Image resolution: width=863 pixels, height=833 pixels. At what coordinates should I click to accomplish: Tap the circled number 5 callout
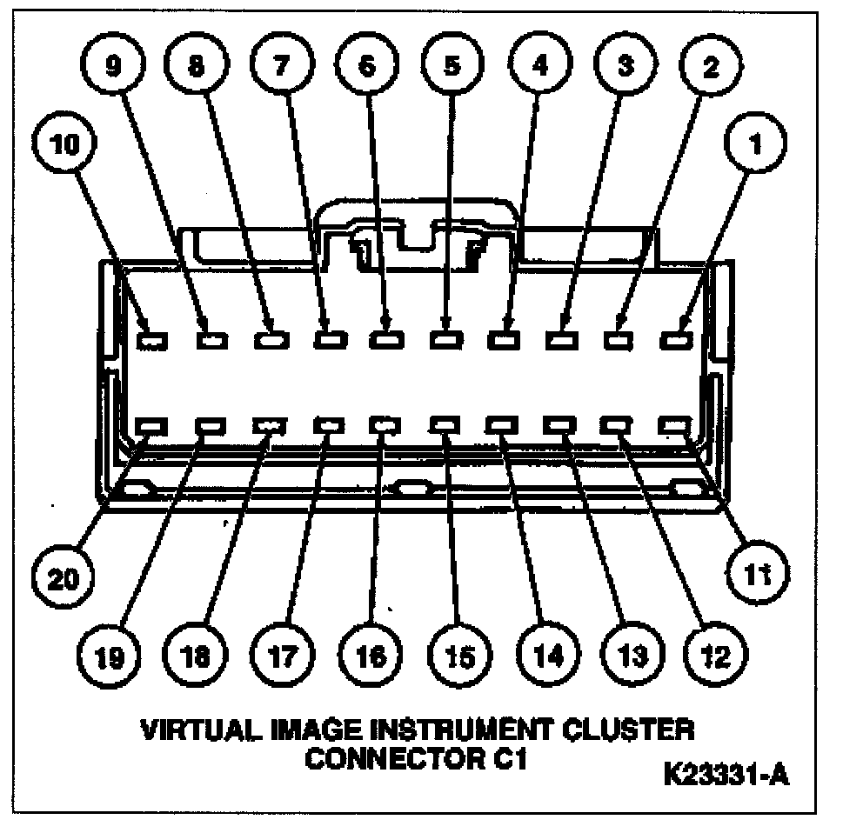[x=452, y=67]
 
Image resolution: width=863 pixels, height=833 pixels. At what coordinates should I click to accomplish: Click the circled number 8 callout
[x=197, y=67]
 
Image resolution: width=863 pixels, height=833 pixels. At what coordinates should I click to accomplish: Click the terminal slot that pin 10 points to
[x=152, y=341]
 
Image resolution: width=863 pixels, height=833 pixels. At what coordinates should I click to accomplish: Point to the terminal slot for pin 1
[x=675, y=341]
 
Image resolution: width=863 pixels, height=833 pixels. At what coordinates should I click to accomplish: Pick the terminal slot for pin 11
[x=675, y=426]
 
